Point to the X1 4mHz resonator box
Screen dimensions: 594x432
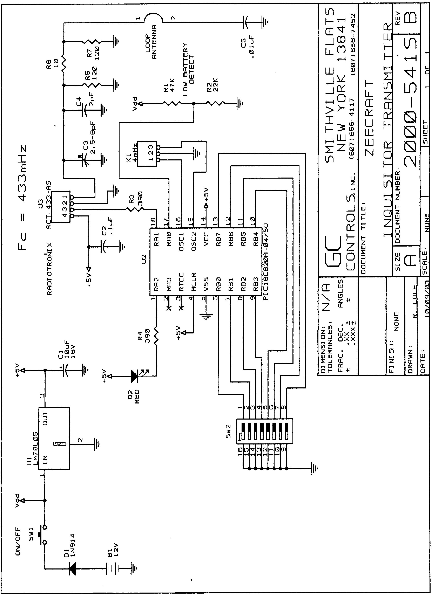tap(147, 153)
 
